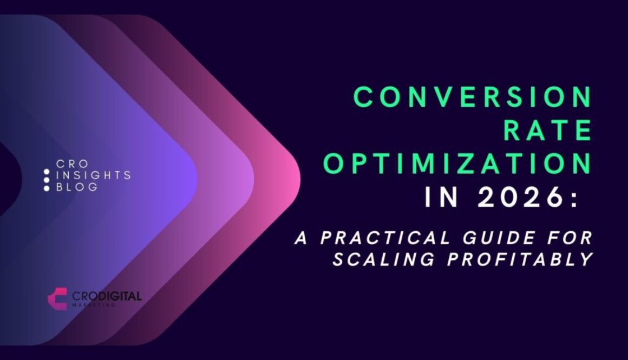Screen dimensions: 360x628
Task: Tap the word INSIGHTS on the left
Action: [x=94, y=175]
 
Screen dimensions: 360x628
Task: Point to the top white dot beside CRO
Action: [x=47, y=171]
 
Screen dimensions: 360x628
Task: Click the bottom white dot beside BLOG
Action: [x=47, y=188]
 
